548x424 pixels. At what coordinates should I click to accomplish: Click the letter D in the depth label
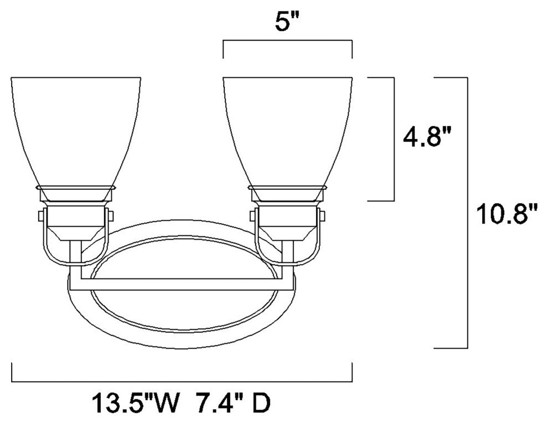coord(261,404)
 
